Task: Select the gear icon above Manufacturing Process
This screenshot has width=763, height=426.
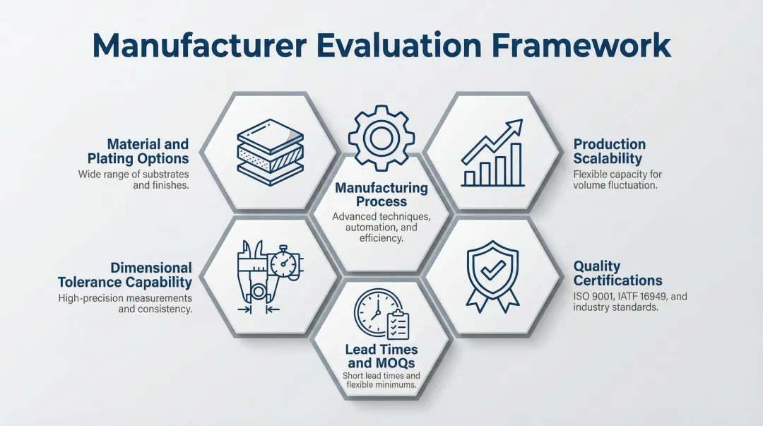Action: [x=381, y=138]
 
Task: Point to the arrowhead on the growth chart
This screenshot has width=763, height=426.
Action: [x=517, y=126]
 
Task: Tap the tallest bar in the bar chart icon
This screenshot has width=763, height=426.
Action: [x=516, y=164]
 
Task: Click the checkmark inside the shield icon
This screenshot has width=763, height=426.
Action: [x=492, y=268]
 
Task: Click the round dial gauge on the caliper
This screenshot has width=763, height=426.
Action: [x=284, y=265]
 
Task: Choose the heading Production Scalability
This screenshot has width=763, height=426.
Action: [x=609, y=152]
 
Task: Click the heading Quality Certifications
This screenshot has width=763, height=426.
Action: [x=618, y=273]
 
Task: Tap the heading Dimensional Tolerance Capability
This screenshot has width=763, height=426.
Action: [x=125, y=275]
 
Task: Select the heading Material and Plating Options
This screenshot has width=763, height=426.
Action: [x=138, y=151]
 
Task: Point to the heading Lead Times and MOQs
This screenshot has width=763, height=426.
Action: [x=381, y=356]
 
